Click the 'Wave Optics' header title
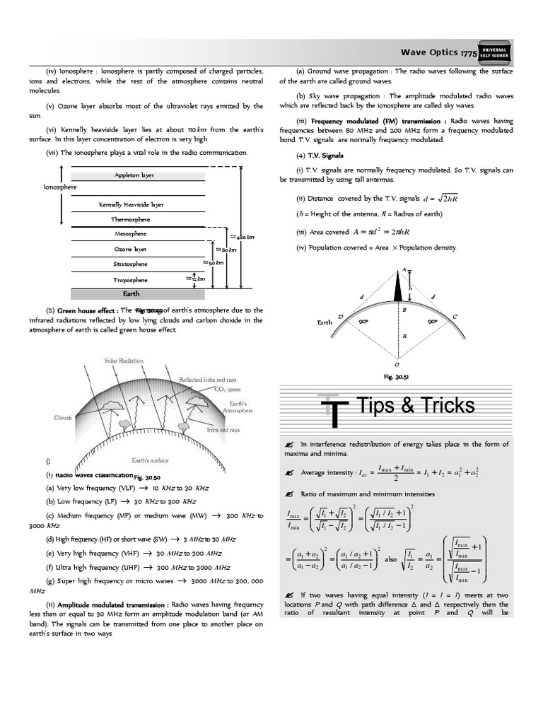point(429,52)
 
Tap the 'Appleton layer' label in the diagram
point(134,175)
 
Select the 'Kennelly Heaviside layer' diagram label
point(131,205)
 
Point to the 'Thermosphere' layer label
point(131,220)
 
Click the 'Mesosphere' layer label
point(131,234)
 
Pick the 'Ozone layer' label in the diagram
point(131,249)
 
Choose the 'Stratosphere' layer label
point(131,264)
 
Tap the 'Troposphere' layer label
point(131,279)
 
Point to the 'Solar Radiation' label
point(124,361)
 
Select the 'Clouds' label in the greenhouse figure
point(64,417)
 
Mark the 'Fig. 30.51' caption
point(397,377)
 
